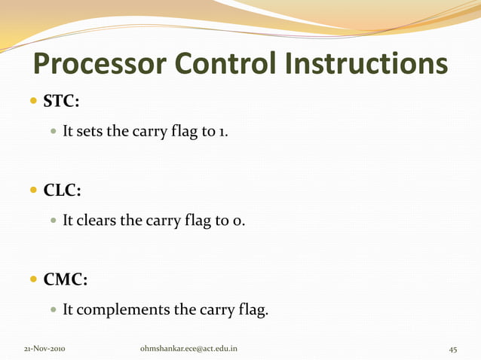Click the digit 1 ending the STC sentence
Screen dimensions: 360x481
click(x=222, y=132)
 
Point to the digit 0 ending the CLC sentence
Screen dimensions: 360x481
click(x=240, y=221)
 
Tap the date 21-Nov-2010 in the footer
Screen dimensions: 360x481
click(x=44, y=349)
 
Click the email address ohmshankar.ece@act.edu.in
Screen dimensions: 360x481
click(x=189, y=349)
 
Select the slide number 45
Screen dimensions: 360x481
click(x=453, y=349)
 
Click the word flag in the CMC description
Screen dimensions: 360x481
click(x=252, y=310)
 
